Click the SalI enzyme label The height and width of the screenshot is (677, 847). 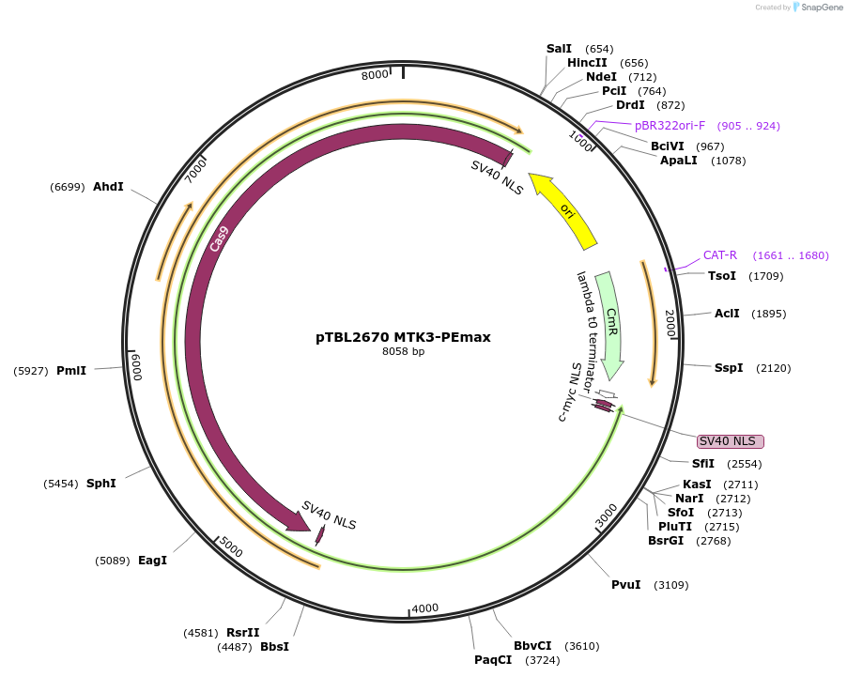point(559,48)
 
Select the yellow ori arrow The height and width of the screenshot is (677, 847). point(565,211)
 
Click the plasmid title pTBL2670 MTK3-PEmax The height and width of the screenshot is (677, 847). point(403,336)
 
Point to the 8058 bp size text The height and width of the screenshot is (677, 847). point(403,352)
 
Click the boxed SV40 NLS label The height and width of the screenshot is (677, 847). point(730,441)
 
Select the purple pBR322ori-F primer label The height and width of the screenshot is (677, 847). point(670,125)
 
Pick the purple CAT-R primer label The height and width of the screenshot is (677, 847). point(720,254)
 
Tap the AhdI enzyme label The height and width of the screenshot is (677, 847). point(108,187)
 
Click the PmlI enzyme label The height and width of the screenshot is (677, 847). point(71,371)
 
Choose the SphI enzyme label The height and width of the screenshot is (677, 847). point(100,483)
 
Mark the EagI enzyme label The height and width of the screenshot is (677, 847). point(152,561)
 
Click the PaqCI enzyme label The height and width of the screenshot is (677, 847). point(493,660)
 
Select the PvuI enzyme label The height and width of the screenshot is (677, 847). point(626,585)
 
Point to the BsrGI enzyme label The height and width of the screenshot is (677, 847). point(668,540)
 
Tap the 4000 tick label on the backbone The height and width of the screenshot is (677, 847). point(425,608)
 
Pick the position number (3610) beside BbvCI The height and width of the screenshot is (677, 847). point(581,646)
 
